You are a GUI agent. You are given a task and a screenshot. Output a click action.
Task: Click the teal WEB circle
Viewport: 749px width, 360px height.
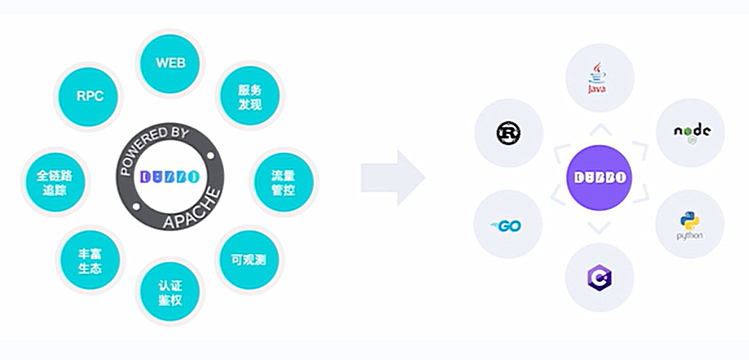(171, 63)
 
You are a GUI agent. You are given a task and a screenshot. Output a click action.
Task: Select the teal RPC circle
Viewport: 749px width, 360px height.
(90, 96)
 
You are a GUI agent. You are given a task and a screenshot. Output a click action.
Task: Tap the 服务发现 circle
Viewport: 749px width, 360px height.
(250, 97)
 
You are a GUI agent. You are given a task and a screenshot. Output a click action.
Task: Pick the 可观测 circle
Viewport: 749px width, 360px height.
(250, 260)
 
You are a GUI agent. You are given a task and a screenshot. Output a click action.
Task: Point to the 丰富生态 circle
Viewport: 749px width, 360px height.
(90, 261)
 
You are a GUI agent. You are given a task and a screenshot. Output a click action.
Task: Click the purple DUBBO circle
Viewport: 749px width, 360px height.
(599, 177)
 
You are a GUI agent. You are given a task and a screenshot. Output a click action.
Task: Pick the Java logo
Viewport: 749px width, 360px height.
(599, 78)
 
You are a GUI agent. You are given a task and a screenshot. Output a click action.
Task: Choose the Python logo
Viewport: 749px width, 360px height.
(690, 225)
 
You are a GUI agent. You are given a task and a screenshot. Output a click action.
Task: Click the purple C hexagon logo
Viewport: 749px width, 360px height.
(599, 277)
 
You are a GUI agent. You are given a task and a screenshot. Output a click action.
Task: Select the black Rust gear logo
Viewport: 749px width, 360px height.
(507, 132)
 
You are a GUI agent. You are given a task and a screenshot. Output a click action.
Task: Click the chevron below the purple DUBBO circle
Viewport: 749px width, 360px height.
(599, 228)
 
